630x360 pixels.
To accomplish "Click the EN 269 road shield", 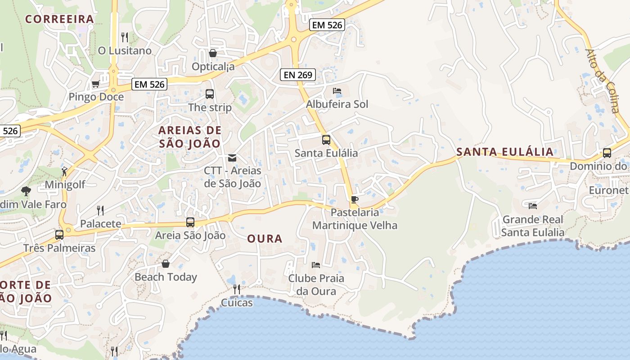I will (298, 75).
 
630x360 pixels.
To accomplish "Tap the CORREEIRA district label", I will (59, 19).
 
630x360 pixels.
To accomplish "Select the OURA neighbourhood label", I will (265, 238).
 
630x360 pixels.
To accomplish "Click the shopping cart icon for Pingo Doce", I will (95, 84).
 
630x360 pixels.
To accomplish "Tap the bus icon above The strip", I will (210, 94).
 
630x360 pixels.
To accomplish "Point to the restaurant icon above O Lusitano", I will (125, 37).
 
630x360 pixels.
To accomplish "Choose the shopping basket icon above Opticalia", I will (213, 54).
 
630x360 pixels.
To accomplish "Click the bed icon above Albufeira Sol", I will (337, 91).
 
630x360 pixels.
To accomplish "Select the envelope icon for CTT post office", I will (232, 157).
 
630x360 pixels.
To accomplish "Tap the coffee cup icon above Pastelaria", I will (355, 199).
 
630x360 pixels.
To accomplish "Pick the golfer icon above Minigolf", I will (64, 171).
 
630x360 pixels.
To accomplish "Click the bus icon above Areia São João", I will (190, 222).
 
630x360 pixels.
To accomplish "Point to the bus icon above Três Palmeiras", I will (59, 234).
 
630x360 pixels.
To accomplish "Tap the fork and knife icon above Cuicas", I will (237, 289).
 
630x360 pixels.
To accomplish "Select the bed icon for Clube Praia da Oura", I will (316, 265).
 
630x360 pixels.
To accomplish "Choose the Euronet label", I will (609, 190).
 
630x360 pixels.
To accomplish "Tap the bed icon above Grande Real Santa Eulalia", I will (533, 206).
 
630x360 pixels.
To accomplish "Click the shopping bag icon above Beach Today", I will (166, 263).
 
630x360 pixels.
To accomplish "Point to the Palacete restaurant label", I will (101, 224).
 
